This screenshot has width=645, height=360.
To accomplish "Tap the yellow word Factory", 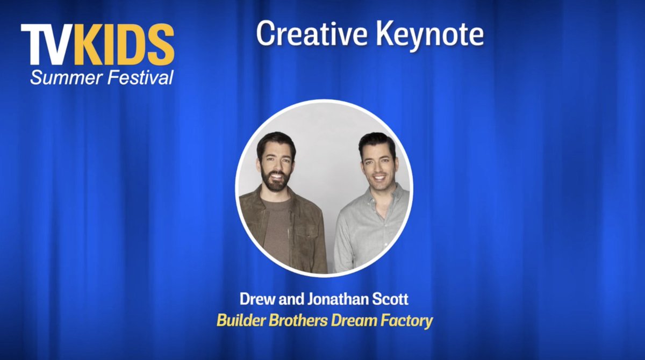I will point(403,321).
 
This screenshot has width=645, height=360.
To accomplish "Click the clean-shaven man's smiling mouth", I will point(379,178).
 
